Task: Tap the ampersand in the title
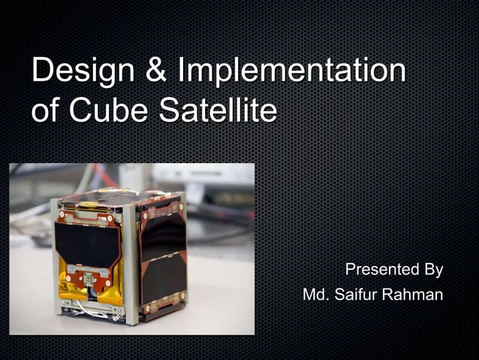pyautogui.click(x=152, y=72)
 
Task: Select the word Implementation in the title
pyautogui.click(x=292, y=72)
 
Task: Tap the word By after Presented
pyautogui.click(x=432, y=270)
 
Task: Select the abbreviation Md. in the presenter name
pyautogui.click(x=315, y=295)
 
